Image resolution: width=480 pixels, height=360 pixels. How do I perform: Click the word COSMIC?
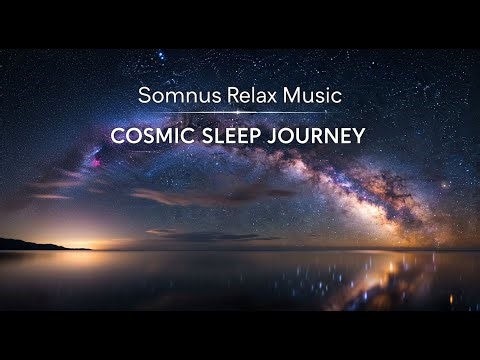click(x=165, y=136)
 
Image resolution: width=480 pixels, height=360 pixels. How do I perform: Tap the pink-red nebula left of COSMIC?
click(x=97, y=160)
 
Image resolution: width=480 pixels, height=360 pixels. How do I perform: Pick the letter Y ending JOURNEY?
click(x=359, y=136)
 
